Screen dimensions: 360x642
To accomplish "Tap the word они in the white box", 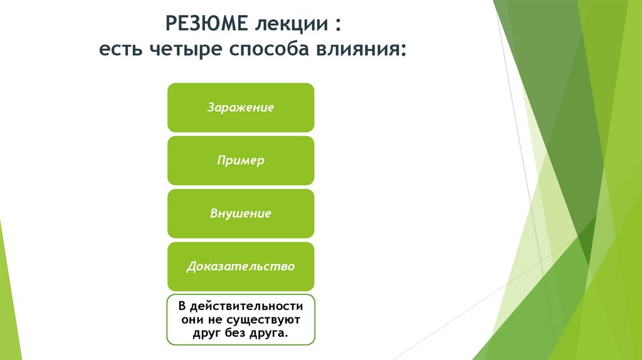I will tap(191, 320).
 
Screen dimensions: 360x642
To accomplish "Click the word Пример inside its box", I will tap(241, 161).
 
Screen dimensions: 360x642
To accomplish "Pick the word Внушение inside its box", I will tap(241, 214).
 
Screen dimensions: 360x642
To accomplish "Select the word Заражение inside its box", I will tap(241, 107).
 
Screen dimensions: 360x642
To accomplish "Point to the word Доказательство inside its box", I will tap(241, 267).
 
